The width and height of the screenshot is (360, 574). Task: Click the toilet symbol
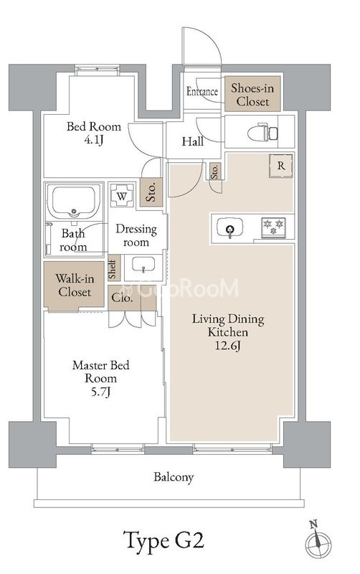coord(262,132)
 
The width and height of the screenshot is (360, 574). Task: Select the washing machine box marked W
coord(122,195)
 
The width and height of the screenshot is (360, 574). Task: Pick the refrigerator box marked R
coord(280,166)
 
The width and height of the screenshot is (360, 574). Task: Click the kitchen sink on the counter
coord(229,227)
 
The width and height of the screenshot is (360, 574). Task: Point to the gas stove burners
coord(273,227)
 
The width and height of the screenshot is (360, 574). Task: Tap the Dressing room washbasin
coord(143,265)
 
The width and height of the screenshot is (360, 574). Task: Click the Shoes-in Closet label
coord(252,95)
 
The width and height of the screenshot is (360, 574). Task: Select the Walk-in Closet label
coord(75,285)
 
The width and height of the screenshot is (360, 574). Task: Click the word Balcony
coord(174,477)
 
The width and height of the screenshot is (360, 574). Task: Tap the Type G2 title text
coord(164,540)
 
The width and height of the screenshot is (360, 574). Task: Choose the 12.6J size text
coord(227,346)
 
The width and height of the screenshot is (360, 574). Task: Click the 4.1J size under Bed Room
coord(94,140)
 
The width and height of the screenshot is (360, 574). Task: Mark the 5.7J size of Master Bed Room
coord(100,392)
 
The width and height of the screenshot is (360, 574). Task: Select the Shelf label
coord(113,268)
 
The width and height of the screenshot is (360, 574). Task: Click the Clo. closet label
coord(122,298)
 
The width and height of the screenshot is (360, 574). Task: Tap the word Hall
coord(193,141)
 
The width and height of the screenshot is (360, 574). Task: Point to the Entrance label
coord(202,91)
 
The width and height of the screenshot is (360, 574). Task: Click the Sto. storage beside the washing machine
coord(151,191)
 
